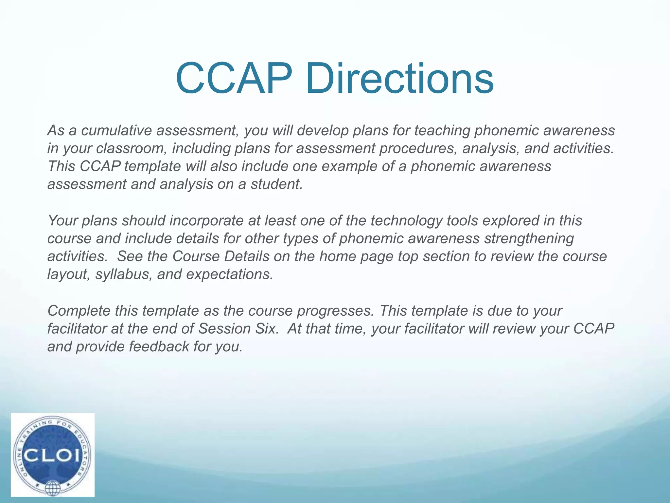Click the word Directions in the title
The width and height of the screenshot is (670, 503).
pos(399,79)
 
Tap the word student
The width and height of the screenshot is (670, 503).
pos(276,184)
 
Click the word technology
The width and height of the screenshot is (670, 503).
pos(406,221)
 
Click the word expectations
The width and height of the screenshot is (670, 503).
pos(229,274)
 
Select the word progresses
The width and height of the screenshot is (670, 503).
pos(335,311)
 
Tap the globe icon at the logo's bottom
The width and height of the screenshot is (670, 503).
pos(52,488)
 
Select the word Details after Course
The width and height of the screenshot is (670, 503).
pos(246,256)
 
